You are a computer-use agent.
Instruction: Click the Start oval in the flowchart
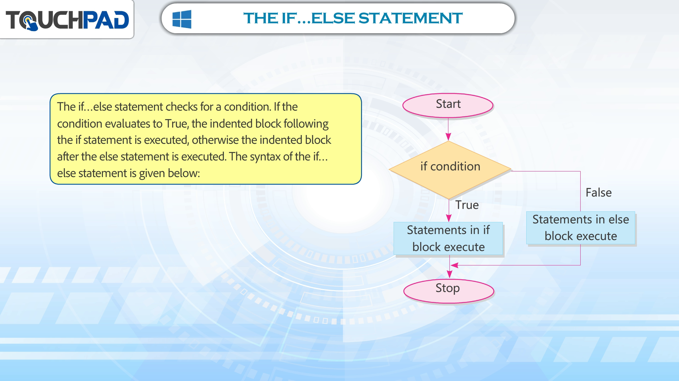point(448,105)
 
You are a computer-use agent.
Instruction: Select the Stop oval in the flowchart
point(448,291)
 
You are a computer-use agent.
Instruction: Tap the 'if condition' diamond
point(450,170)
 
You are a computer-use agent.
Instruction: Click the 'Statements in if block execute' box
point(448,238)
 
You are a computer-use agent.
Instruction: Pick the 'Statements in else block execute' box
point(581,228)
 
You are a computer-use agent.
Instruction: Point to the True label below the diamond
point(467,205)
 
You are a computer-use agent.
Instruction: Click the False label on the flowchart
point(598,193)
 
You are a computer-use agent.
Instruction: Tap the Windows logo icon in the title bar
point(182,19)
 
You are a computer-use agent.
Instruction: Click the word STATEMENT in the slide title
point(411,18)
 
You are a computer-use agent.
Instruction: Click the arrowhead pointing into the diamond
point(448,137)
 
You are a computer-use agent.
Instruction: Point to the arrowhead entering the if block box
point(449,218)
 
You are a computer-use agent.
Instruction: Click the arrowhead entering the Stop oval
point(449,274)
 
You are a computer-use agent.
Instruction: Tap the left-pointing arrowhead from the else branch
point(454,265)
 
